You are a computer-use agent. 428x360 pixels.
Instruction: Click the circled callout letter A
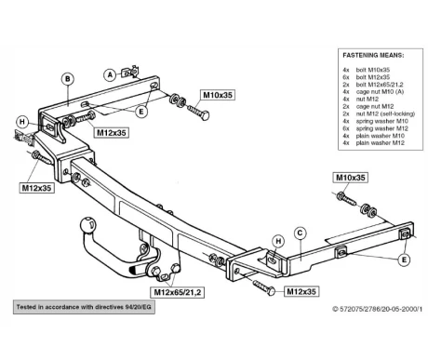(110, 74)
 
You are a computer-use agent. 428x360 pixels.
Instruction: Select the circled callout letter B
(68, 79)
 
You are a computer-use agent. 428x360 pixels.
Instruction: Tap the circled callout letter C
(300, 233)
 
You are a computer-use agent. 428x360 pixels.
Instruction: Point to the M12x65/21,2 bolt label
(178, 292)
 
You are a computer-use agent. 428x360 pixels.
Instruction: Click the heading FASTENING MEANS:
(373, 56)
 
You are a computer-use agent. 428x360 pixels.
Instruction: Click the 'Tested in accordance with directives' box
(84, 307)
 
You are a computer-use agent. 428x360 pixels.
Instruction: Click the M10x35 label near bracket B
(218, 95)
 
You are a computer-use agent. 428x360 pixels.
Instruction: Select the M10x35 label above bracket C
(351, 178)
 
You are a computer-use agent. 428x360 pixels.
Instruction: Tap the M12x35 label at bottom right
(301, 291)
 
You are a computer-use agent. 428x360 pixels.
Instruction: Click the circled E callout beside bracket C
(404, 260)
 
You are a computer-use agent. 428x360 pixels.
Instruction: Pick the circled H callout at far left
(22, 122)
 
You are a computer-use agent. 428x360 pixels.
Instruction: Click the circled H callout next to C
(278, 241)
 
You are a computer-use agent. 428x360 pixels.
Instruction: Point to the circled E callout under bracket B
(141, 112)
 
